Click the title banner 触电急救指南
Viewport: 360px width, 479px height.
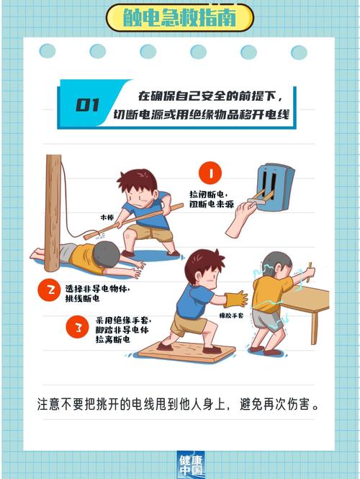[179, 17]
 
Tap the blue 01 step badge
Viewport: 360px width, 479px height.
[88, 105]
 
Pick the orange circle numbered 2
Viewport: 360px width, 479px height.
[51, 290]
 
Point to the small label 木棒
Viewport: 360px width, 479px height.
[107, 216]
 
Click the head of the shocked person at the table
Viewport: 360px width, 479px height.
[277, 266]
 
